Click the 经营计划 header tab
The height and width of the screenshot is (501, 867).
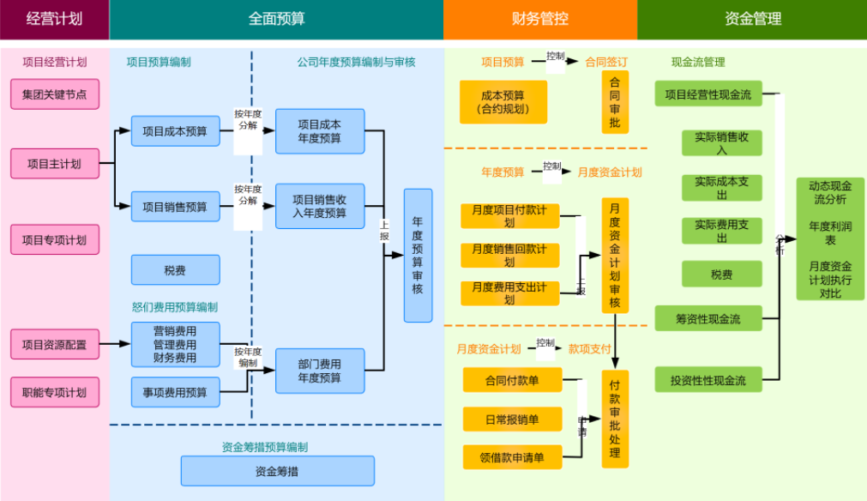coord(54,19)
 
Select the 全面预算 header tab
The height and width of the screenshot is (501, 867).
coord(276,19)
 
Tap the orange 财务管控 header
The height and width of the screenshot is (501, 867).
coord(539,19)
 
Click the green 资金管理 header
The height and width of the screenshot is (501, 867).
coord(752,19)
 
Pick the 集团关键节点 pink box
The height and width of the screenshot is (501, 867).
coord(54,94)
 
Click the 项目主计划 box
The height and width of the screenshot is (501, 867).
coord(54,163)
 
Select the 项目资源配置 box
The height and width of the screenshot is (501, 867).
coord(54,344)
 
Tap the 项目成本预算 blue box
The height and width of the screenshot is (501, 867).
coord(175,131)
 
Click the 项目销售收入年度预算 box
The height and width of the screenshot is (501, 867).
coord(319,206)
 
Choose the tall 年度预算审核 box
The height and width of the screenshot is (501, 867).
coord(418,256)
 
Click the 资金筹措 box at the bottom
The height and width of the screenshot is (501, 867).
coord(277,471)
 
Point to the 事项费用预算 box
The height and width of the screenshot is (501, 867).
coord(175,392)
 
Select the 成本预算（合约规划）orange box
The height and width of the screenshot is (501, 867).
coord(503,102)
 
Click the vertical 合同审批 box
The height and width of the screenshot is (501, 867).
coord(614,102)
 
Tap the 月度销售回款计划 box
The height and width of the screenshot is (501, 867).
coord(509,256)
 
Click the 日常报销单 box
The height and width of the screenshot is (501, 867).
coord(512,419)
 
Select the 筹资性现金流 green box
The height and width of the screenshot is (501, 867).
coord(707,319)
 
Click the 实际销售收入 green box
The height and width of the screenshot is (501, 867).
coord(721,143)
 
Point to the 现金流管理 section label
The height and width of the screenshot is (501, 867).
coord(697,62)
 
